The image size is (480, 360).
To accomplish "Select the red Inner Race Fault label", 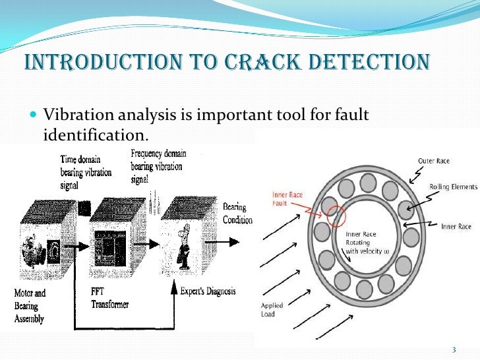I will (287, 198).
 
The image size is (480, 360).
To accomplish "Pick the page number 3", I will (453, 349).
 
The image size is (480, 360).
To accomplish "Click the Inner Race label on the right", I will (456, 226).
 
